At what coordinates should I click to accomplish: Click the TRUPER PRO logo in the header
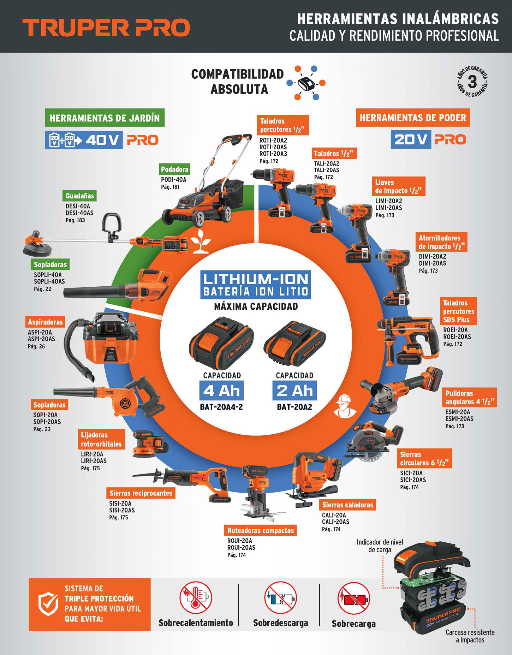pyautogui.click(x=106, y=28)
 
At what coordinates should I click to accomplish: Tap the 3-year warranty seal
pyautogui.click(x=472, y=82)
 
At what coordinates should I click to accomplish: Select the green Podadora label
pyautogui.click(x=174, y=169)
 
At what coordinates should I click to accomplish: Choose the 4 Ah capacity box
pyautogui.click(x=221, y=390)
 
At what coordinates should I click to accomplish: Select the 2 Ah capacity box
pyautogui.click(x=294, y=390)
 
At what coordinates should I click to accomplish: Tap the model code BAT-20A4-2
pyautogui.click(x=221, y=407)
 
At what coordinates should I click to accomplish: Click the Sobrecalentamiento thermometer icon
pyautogui.click(x=196, y=598)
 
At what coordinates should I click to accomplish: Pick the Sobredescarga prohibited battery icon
pyautogui.click(x=281, y=598)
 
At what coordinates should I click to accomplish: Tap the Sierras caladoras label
pyautogui.click(x=347, y=505)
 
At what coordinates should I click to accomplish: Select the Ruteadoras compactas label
pyautogui.click(x=261, y=530)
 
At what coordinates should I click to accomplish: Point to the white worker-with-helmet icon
pyautogui.click(x=345, y=406)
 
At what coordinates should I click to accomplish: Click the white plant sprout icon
pyautogui.click(x=201, y=241)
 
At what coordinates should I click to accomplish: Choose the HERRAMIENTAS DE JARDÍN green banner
pyautogui.click(x=105, y=118)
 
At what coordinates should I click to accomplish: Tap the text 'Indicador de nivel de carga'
pyautogui.click(x=380, y=546)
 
